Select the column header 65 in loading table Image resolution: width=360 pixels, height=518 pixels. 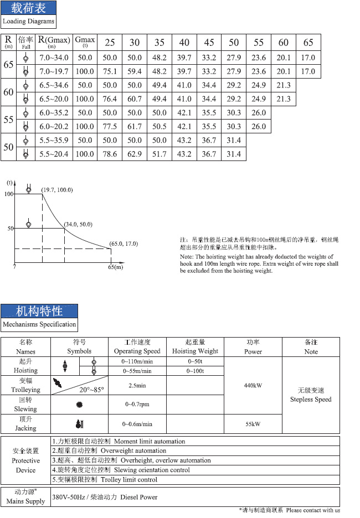click(308, 43)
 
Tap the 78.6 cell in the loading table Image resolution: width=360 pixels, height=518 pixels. click(110, 154)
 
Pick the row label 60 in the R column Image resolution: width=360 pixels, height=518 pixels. click(8, 92)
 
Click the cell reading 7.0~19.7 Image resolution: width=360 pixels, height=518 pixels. click(54, 71)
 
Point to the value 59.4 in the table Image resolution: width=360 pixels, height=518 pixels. click(135, 71)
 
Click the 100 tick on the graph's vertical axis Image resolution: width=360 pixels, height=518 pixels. click(9, 194)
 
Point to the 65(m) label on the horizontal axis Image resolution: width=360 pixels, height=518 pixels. click(115, 267)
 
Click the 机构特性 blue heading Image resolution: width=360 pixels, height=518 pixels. click(39, 310)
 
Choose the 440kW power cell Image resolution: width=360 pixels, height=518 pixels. click(253, 385)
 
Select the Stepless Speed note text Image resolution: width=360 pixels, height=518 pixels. click(311, 399)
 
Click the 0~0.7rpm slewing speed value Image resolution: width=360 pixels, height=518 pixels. click(137, 405)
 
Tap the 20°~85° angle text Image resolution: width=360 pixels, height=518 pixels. click(91, 390)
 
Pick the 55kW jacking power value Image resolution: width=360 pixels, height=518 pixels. click(253, 424)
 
